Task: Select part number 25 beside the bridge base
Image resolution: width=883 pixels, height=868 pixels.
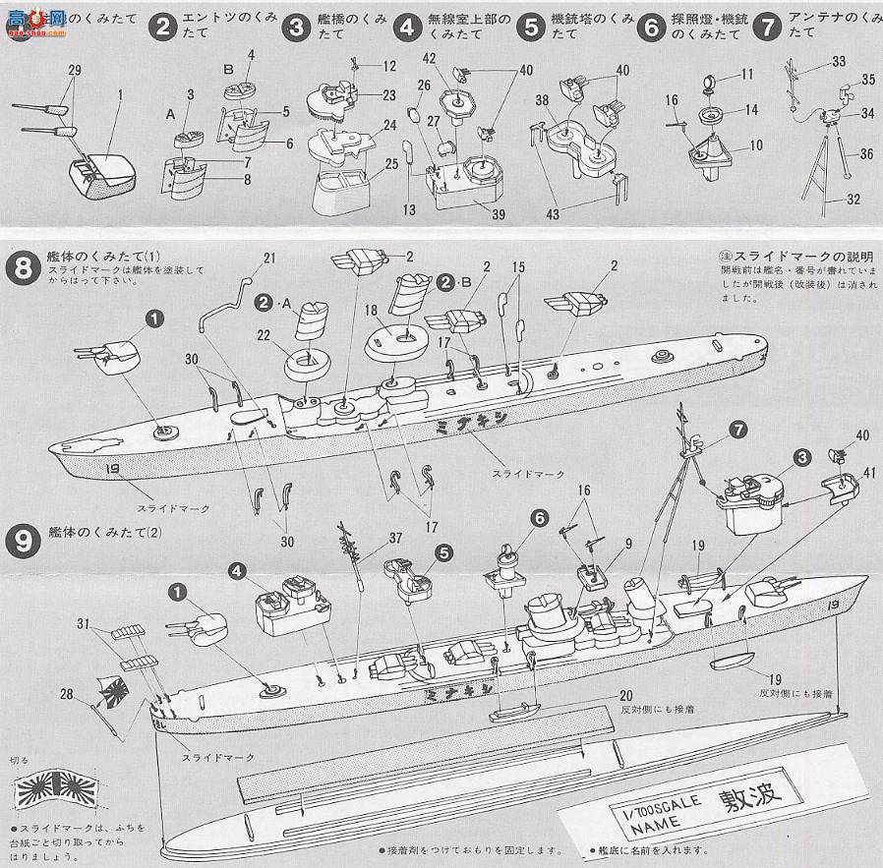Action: tap(391, 163)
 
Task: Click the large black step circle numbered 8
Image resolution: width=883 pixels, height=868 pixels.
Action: tap(22, 265)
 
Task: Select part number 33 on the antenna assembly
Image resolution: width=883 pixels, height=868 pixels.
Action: tap(838, 61)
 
